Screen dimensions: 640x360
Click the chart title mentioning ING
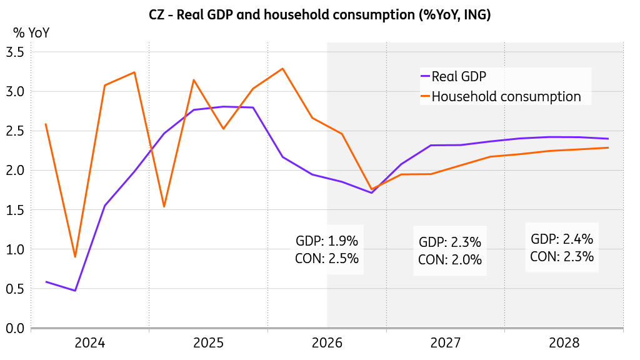click(x=319, y=15)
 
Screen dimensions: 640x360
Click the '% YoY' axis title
click(x=31, y=32)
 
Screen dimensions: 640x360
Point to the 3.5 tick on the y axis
click(x=15, y=52)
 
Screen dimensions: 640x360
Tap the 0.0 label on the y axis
click(x=15, y=328)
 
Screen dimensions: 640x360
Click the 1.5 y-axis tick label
click(x=15, y=210)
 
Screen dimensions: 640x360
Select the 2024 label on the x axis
click(x=90, y=343)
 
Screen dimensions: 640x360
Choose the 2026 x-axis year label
click(x=327, y=343)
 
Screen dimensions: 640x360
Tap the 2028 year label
click(x=564, y=343)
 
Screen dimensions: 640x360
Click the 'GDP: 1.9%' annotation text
click(x=327, y=241)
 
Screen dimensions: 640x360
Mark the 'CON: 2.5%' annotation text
click(x=327, y=258)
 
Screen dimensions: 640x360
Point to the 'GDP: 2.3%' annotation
click(x=450, y=242)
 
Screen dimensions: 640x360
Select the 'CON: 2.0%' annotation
click(x=450, y=259)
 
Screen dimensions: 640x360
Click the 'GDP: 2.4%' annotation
click(x=562, y=239)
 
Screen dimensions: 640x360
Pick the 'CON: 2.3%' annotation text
click(x=562, y=256)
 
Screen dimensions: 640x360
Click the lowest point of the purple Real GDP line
click(x=75, y=291)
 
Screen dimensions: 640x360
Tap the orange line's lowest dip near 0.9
click(x=75, y=257)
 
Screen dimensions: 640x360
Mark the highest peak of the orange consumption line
click(x=282, y=69)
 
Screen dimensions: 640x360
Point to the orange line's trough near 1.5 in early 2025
click(x=164, y=206)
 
